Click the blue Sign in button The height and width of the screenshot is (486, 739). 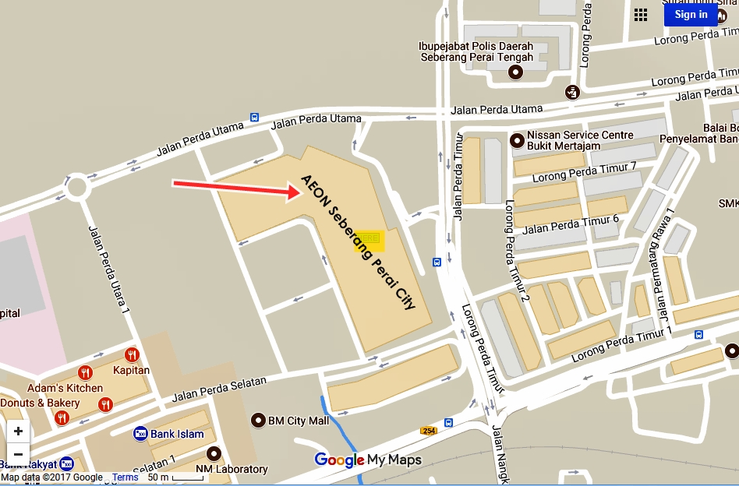pyautogui.click(x=691, y=15)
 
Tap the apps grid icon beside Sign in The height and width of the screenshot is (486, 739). pyautogui.click(x=641, y=15)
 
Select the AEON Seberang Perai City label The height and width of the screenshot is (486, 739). pyautogui.click(x=358, y=241)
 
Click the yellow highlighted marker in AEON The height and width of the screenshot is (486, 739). pyautogui.click(x=369, y=238)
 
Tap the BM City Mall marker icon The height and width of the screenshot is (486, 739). pyautogui.click(x=258, y=421)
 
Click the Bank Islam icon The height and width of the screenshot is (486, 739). pyautogui.click(x=140, y=434)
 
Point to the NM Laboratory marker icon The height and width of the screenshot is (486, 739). pyautogui.click(x=214, y=454)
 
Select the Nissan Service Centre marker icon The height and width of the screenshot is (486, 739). pyautogui.click(x=516, y=141)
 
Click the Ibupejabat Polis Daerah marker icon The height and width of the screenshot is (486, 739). pyautogui.click(x=515, y=72)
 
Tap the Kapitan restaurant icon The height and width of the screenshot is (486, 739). pyautogui.click(x=132, y=355)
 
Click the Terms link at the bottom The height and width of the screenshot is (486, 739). pyautogui.click(x=125, y=477)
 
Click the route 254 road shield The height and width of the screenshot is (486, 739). pyautogui.click(x=428, y=431)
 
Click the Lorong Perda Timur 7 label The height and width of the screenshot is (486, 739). pyautogui.click(x=584, y=171)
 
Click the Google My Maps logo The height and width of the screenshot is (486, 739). pyautogui.click(x=368, y=460)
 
